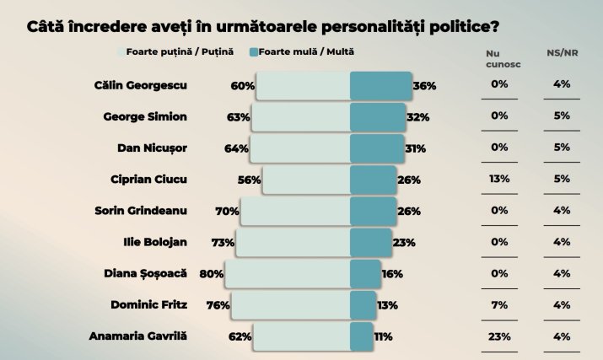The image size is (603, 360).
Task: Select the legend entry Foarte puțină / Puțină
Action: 180,51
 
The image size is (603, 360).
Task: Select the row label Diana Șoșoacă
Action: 149,273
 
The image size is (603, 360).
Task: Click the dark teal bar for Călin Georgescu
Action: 380,86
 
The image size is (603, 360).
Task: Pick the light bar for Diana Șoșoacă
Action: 287,274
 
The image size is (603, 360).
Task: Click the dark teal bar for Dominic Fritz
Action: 363,305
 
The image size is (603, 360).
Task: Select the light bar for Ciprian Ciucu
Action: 306,180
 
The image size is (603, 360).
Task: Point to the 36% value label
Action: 424,86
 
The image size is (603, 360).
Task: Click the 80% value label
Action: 211,274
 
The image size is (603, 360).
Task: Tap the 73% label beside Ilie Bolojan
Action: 223,243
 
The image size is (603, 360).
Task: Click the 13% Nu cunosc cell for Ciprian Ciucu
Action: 498,179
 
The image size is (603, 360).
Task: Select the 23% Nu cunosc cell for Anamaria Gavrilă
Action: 498,336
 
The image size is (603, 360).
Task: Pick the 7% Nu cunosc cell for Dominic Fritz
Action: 498,304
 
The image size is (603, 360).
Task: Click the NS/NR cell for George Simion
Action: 562,116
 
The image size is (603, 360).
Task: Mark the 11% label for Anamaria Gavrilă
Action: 384,336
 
